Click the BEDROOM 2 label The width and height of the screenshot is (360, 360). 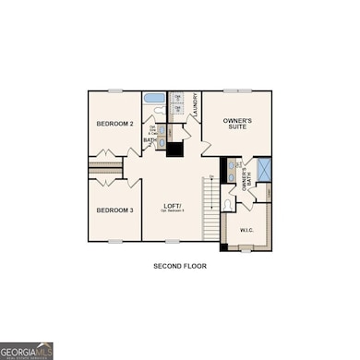(x=115, y=124)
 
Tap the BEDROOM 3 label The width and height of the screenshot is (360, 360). (x=115, y=210)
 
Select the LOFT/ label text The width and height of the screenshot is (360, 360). (x=172, y=205)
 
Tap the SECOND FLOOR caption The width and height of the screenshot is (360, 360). (x=180, y=266)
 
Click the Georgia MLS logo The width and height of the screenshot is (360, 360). (x=26, y=351)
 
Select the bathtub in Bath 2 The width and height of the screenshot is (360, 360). (x=154, y=98)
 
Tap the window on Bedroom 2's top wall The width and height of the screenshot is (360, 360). (x=115, y=90)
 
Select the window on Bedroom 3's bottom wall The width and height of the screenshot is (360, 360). (x=115, y=242)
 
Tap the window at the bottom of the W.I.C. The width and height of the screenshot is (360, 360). (x=246, y=249)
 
